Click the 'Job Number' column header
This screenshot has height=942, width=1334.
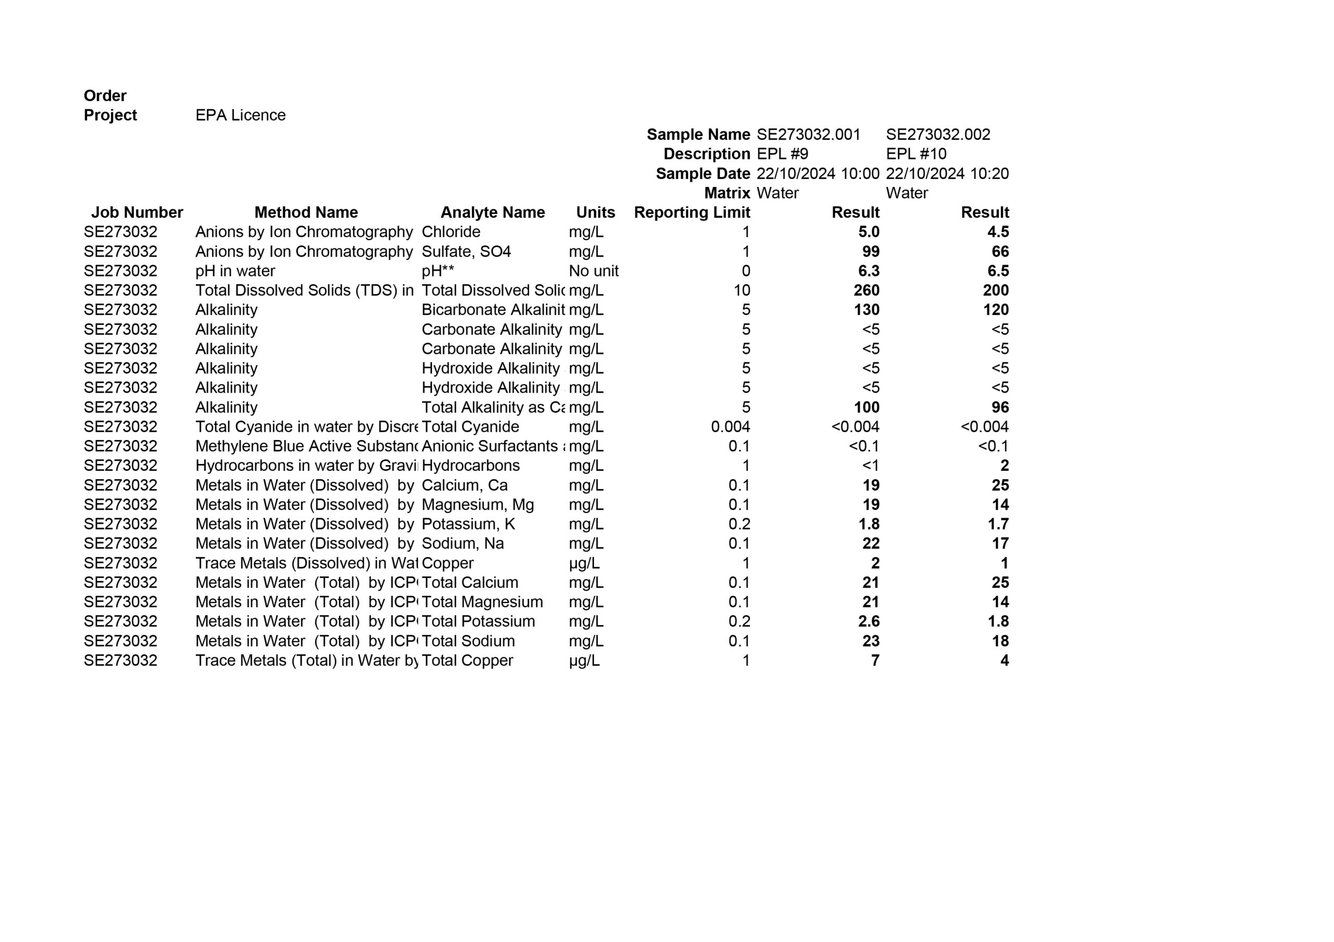[137, 212]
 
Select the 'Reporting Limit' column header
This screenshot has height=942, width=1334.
[691, 212]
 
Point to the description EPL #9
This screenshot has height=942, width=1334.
[782, 154]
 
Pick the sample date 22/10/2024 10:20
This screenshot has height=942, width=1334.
[946, 173]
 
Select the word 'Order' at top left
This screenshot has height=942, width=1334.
[105, 96]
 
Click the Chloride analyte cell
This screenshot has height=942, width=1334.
[450, 232]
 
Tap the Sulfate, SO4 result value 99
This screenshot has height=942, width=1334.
[870, 252]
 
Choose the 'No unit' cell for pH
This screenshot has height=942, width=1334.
[593, 271]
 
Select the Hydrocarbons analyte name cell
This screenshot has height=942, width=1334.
[470, 466]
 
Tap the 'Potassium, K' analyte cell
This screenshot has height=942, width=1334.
[468, 524]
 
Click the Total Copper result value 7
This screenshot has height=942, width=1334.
[874, 660]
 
